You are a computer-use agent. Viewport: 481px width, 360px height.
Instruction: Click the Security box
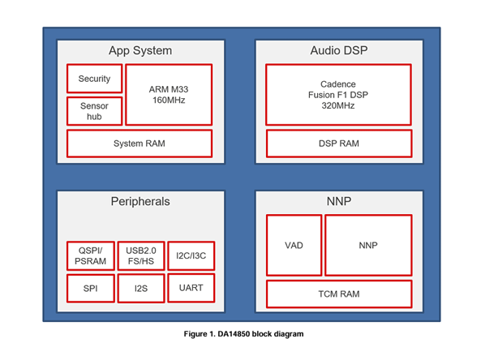point(94,79)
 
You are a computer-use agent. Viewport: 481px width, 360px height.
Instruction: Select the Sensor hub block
point(94,111)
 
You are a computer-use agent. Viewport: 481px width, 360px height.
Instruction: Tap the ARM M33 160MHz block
point(169,94)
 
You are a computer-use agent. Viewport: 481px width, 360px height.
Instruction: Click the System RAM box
point(139,144)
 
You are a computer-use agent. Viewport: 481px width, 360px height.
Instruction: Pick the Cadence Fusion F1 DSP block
point(338,94)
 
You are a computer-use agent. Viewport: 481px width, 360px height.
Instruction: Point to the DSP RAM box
point(338,144)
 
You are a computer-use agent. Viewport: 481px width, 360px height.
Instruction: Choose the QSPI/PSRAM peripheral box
point(90,255)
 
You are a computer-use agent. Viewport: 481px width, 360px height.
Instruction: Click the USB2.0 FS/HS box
point(140,255)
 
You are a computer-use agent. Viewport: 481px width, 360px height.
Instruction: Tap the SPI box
point(90,288)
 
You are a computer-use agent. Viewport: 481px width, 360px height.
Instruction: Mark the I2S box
point(140,288)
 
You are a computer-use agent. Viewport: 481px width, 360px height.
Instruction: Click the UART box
point(190,286)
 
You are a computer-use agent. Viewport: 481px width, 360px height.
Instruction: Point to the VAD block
point(293,245)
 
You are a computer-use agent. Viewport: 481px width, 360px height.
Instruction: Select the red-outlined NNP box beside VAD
point(367,245)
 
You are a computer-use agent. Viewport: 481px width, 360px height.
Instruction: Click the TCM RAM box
point(338,294)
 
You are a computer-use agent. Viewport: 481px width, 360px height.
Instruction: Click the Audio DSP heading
point(339,50)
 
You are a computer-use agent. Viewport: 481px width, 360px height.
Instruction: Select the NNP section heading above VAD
point(339,200)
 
